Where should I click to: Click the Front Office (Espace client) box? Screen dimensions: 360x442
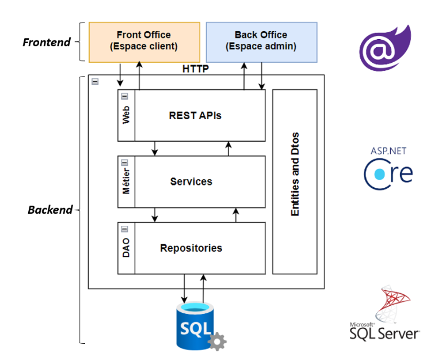click(143, 41)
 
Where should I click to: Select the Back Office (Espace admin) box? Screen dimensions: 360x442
click(261, 41)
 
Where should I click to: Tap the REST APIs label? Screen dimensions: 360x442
click(195, 115)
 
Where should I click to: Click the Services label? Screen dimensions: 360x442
click(191, 181)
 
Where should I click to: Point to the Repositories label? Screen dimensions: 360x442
click(191, 248)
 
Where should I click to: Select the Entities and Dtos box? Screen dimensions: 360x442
click(295, 181)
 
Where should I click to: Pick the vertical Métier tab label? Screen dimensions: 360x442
click(126, 181)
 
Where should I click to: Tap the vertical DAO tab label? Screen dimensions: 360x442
click(126, 248)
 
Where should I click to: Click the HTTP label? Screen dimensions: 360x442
click(195, 69)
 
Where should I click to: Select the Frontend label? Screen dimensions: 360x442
click(46, 42)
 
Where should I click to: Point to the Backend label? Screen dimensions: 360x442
click(50, 210)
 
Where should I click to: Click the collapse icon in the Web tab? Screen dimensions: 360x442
click(124, 96)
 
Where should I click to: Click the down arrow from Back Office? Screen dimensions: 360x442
click(262, 75)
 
